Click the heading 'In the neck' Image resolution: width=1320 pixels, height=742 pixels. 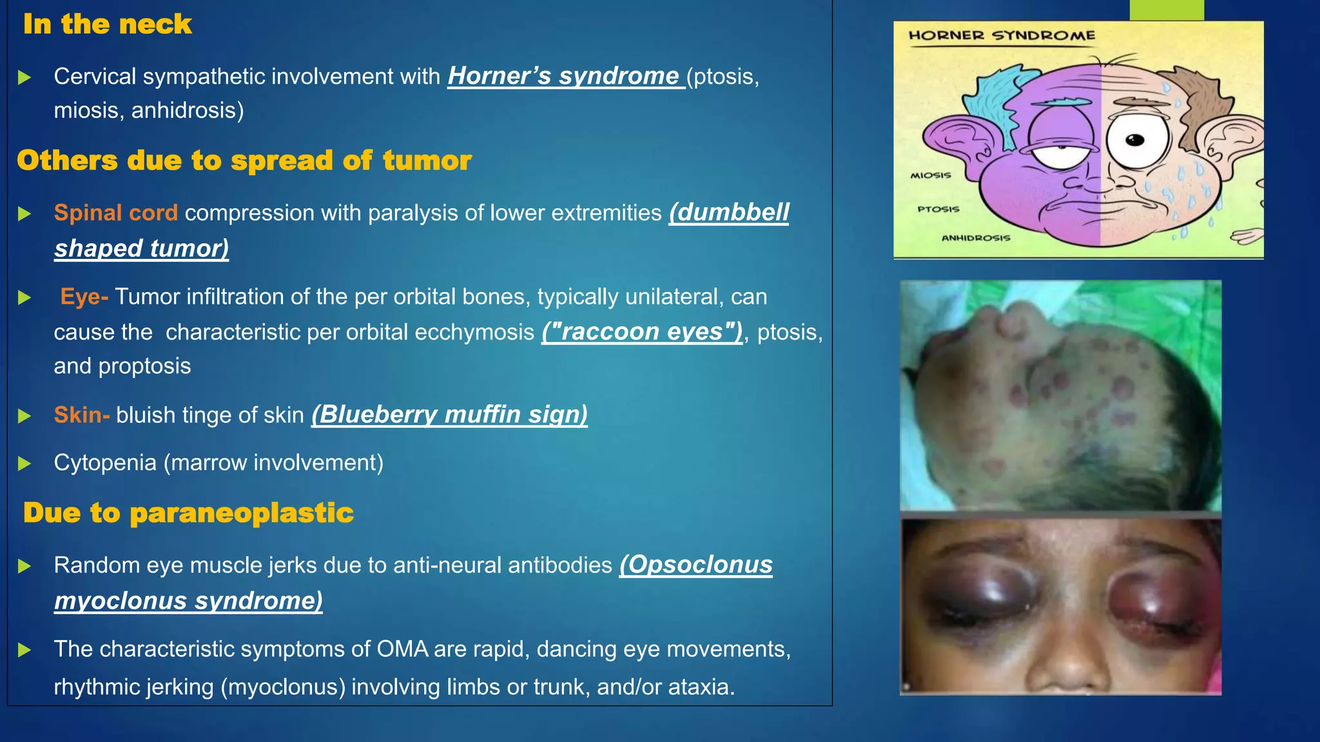point(107,24)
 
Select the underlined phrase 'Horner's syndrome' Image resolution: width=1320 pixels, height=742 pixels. point(565,76)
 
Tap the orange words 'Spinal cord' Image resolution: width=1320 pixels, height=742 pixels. point(116,213)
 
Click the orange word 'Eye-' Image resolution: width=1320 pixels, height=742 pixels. point(84,296)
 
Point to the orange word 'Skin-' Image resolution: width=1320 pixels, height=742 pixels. point(82,415)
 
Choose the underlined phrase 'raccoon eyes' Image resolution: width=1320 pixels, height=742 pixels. point(642,332)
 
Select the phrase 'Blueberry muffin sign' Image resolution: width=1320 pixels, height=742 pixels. point(449,415)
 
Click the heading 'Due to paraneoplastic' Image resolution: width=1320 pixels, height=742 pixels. point(188,513)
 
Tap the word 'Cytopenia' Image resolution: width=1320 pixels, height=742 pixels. point(105,462)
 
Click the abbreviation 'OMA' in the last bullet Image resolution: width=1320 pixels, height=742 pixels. point(402,649)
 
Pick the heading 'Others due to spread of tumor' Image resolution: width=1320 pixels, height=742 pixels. point(244,160)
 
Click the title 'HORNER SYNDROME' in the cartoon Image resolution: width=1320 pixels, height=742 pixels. point(1002,35)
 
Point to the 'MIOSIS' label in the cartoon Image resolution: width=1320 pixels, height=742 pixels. point(930,175)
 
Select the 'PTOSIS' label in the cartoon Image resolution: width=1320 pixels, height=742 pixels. point(938,209)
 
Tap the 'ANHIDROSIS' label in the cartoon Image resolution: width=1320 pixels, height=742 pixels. point(976,238)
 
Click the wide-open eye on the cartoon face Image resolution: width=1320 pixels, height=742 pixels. point(1137,141)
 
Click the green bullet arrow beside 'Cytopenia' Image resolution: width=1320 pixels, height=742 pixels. point(24,463)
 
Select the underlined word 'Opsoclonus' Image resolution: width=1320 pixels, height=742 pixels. point(696,565)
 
